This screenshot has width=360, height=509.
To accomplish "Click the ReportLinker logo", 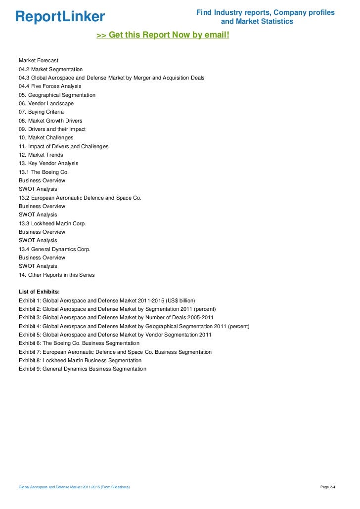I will [60, 17].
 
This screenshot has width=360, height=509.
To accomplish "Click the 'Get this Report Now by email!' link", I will [163, 36].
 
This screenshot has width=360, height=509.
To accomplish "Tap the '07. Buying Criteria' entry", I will [41, 112].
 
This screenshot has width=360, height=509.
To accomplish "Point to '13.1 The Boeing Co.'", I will [44, 172].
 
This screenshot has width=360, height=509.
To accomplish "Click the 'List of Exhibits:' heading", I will [39, 292].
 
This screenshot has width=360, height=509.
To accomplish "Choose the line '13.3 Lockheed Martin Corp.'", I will [52, 223].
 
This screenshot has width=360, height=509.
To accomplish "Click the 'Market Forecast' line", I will [39, 60].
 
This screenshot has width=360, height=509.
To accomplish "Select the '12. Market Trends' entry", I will [41, 155].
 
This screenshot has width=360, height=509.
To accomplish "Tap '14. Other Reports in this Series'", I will [56, 275].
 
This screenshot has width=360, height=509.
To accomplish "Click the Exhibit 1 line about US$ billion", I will [107, 300].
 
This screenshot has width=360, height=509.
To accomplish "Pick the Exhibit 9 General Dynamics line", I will [83, 369].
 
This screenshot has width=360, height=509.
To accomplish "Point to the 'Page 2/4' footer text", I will [328, 487].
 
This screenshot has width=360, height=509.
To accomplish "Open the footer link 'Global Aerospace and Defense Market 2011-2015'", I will [74, 487].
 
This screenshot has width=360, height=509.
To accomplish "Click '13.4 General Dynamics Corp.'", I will [54, 249].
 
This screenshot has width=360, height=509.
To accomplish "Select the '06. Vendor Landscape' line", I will [46, 103].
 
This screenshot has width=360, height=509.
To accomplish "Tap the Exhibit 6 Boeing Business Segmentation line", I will [79, 343].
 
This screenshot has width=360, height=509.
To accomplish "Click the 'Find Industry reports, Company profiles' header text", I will [265, 12].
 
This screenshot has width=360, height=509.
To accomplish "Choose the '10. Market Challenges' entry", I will [46, 137].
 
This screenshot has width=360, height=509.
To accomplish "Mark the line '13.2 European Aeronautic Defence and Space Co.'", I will [80, 198].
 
